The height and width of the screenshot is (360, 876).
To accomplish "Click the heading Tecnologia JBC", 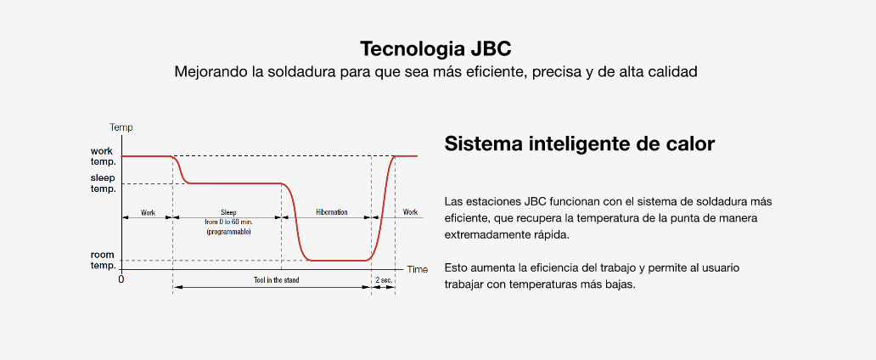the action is coord(435,48).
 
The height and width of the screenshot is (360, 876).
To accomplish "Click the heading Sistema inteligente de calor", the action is coord(580,143).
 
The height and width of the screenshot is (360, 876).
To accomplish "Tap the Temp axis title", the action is coord(121,127).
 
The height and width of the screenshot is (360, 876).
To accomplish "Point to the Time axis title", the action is coord(418,269).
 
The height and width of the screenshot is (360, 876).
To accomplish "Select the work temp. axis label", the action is coord(104,156).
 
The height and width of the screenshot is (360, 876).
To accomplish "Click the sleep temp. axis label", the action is coord(104,183).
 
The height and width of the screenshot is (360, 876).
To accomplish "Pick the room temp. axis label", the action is coord(104,260).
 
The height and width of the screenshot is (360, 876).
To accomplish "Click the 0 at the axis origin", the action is coord(121,279).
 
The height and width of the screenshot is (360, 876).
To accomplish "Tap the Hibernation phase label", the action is coord(331,212).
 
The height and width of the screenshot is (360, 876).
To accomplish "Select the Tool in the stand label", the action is coord(276,279).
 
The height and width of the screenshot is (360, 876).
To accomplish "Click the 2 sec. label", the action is coord(384,279).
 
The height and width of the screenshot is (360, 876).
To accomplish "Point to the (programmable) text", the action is coord(228,232).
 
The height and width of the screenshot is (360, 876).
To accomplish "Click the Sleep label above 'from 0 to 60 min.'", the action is coord(228,212).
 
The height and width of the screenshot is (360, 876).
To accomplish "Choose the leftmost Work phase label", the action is coord(148,212).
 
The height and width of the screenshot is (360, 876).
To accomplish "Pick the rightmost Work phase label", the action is coord(410,212).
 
